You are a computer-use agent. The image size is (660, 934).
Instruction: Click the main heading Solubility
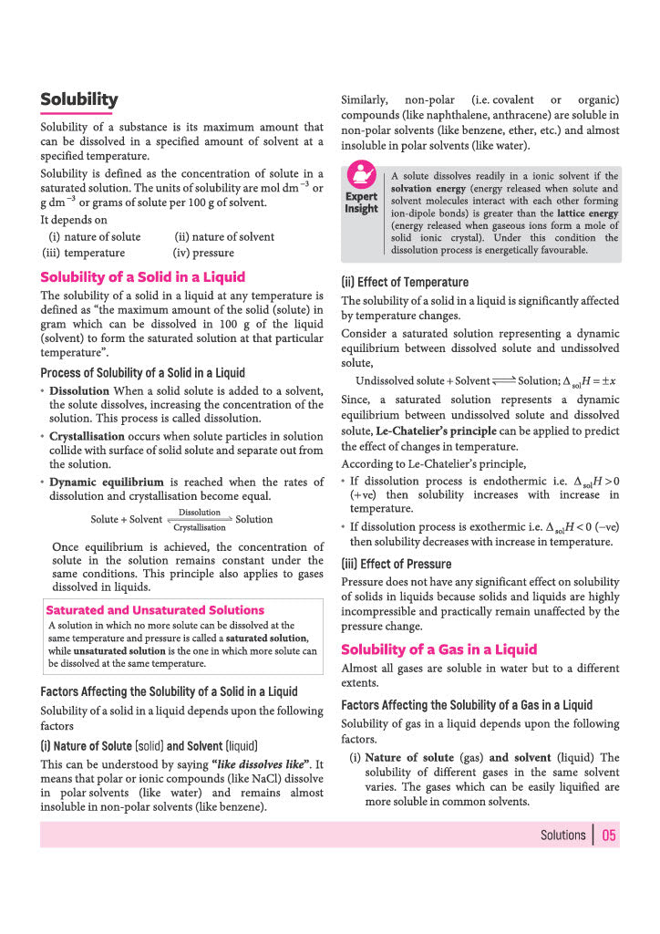(x=78, y=99)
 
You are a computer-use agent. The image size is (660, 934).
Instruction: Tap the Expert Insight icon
(x=361, y=175)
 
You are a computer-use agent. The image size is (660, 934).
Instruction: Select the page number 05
(x=609, y=835)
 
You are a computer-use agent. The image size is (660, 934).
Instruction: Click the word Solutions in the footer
(x=562, y=835)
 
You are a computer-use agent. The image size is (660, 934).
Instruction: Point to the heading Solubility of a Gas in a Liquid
(x=438, y=649)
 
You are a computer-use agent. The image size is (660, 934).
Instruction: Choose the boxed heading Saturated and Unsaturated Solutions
(x=155, y=610)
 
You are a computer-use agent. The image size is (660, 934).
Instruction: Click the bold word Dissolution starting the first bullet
(x=79, y=390)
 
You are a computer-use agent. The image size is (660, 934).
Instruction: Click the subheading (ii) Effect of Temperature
(x=405, y=282)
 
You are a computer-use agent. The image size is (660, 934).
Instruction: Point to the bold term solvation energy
(x=429, y=189)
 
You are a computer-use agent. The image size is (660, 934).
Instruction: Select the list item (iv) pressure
(x=202, y=253)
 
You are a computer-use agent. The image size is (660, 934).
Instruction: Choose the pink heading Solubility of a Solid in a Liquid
(x=142, y=276)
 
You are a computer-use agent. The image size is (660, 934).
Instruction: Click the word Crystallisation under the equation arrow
(x=199, y=528)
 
